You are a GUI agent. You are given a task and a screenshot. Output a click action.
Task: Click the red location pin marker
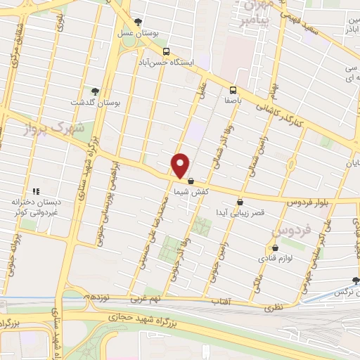click(x=181, y=165)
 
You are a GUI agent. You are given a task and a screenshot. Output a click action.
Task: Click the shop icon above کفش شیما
click(x=191, y=181)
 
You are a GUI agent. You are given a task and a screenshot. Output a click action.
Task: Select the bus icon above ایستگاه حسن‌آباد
click(x=166, y=51)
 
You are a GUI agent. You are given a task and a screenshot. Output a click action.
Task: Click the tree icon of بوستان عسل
click(x=138, y=22)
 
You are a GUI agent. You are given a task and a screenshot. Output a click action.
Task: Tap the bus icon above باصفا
click(x=233, y=89)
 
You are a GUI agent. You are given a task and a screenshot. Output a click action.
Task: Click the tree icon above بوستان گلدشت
click(x=95, y=91)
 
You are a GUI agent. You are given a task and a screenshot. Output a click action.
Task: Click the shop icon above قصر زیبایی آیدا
click(x=240, y=202)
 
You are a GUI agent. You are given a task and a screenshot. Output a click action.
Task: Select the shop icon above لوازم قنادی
click(x=276, y=247)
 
